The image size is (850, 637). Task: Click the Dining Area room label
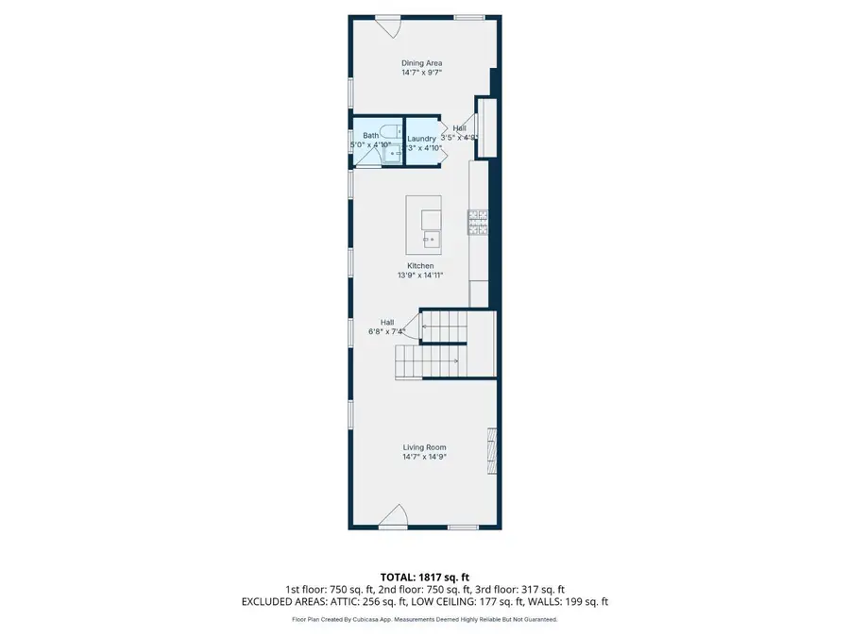coord(421,63)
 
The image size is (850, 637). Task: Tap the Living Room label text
coord(424,447)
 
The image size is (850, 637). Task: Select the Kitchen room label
coord(420,266)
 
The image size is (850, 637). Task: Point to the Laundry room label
coord(422,139)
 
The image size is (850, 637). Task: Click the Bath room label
coord(370,136)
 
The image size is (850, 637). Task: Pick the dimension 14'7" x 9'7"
coord(421,73)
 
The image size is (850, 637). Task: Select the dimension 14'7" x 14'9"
coord(424,457)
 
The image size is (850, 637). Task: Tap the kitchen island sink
coord(431,240)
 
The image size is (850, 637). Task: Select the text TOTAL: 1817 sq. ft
coord(424,576)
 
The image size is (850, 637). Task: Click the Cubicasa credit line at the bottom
coord(424,620)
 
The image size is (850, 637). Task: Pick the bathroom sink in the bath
coord(392,152)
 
